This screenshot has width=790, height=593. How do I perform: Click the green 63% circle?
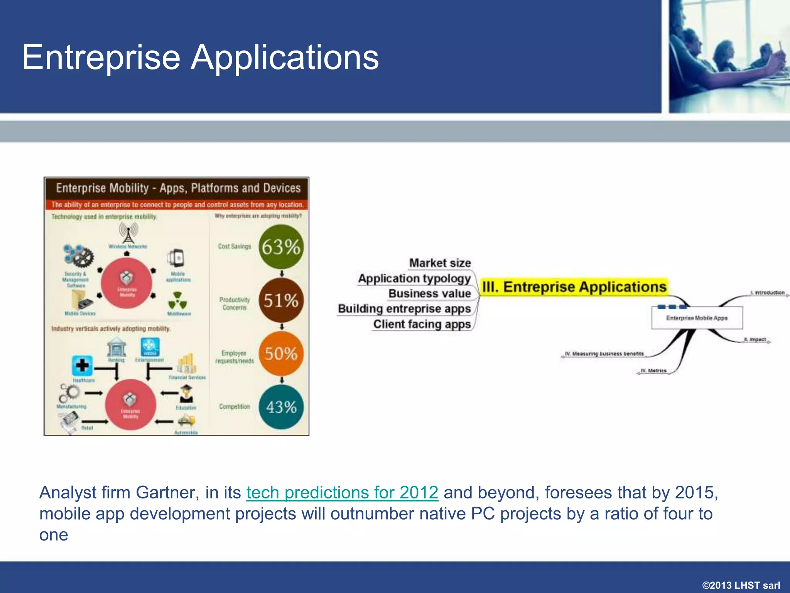(281, 247)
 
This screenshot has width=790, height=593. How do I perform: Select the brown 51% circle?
(281, 300)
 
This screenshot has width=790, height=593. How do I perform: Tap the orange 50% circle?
(281, 354)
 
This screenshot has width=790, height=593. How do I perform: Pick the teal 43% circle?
(281, 407)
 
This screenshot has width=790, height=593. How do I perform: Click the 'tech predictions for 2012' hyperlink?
(342, 493)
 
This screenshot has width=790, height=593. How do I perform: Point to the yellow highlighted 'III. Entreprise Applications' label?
(574, 287)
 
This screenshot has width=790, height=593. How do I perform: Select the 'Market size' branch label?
(440, 263)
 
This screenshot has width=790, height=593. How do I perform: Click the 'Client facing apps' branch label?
(422, 324)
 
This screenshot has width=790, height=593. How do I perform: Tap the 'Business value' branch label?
(429, 294)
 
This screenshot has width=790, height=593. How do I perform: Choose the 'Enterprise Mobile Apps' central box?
(697, 318)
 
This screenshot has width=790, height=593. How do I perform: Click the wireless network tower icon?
(128, 233)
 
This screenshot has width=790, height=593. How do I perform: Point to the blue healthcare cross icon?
(82, 365)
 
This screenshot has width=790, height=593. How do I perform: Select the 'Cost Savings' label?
(234, 246)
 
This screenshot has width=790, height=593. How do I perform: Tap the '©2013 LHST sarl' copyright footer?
(741, 585)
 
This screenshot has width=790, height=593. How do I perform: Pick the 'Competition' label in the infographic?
(235, 407)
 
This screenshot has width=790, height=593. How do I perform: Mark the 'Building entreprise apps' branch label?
(404, 309)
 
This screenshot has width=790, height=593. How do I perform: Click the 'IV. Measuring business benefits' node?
(604, 354)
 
